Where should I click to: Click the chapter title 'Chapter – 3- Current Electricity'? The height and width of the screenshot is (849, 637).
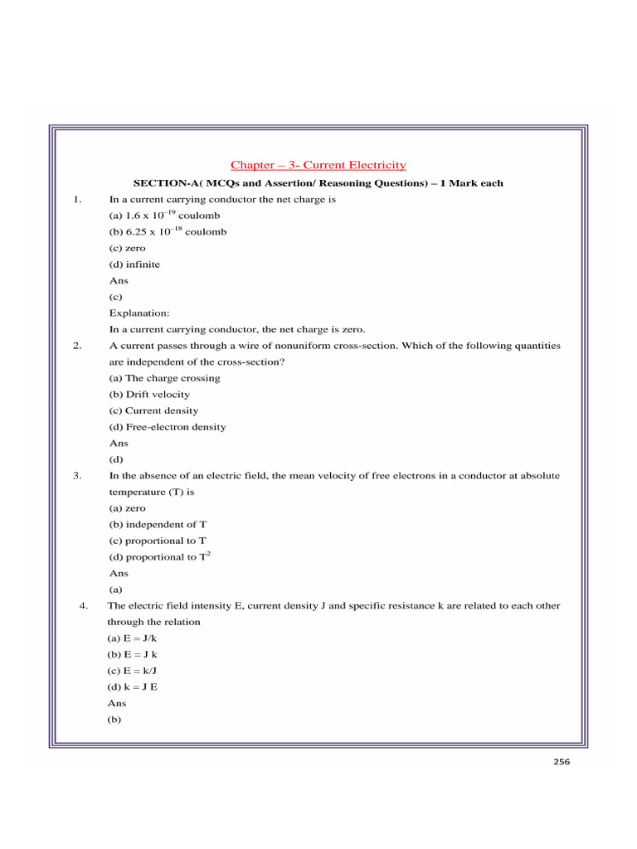point(318,166)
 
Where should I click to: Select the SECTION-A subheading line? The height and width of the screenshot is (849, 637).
point(318,183)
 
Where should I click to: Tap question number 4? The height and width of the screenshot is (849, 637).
point(84,606)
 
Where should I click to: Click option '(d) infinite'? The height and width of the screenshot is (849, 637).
point(134,264)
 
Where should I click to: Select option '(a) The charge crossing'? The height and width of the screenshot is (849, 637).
point(164,378)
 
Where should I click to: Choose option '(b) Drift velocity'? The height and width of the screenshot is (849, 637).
point(149,395)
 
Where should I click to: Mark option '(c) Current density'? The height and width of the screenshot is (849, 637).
point(153,411)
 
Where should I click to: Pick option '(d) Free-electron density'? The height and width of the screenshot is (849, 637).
point(167,427)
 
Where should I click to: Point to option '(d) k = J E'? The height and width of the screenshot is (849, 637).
point(133,687)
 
